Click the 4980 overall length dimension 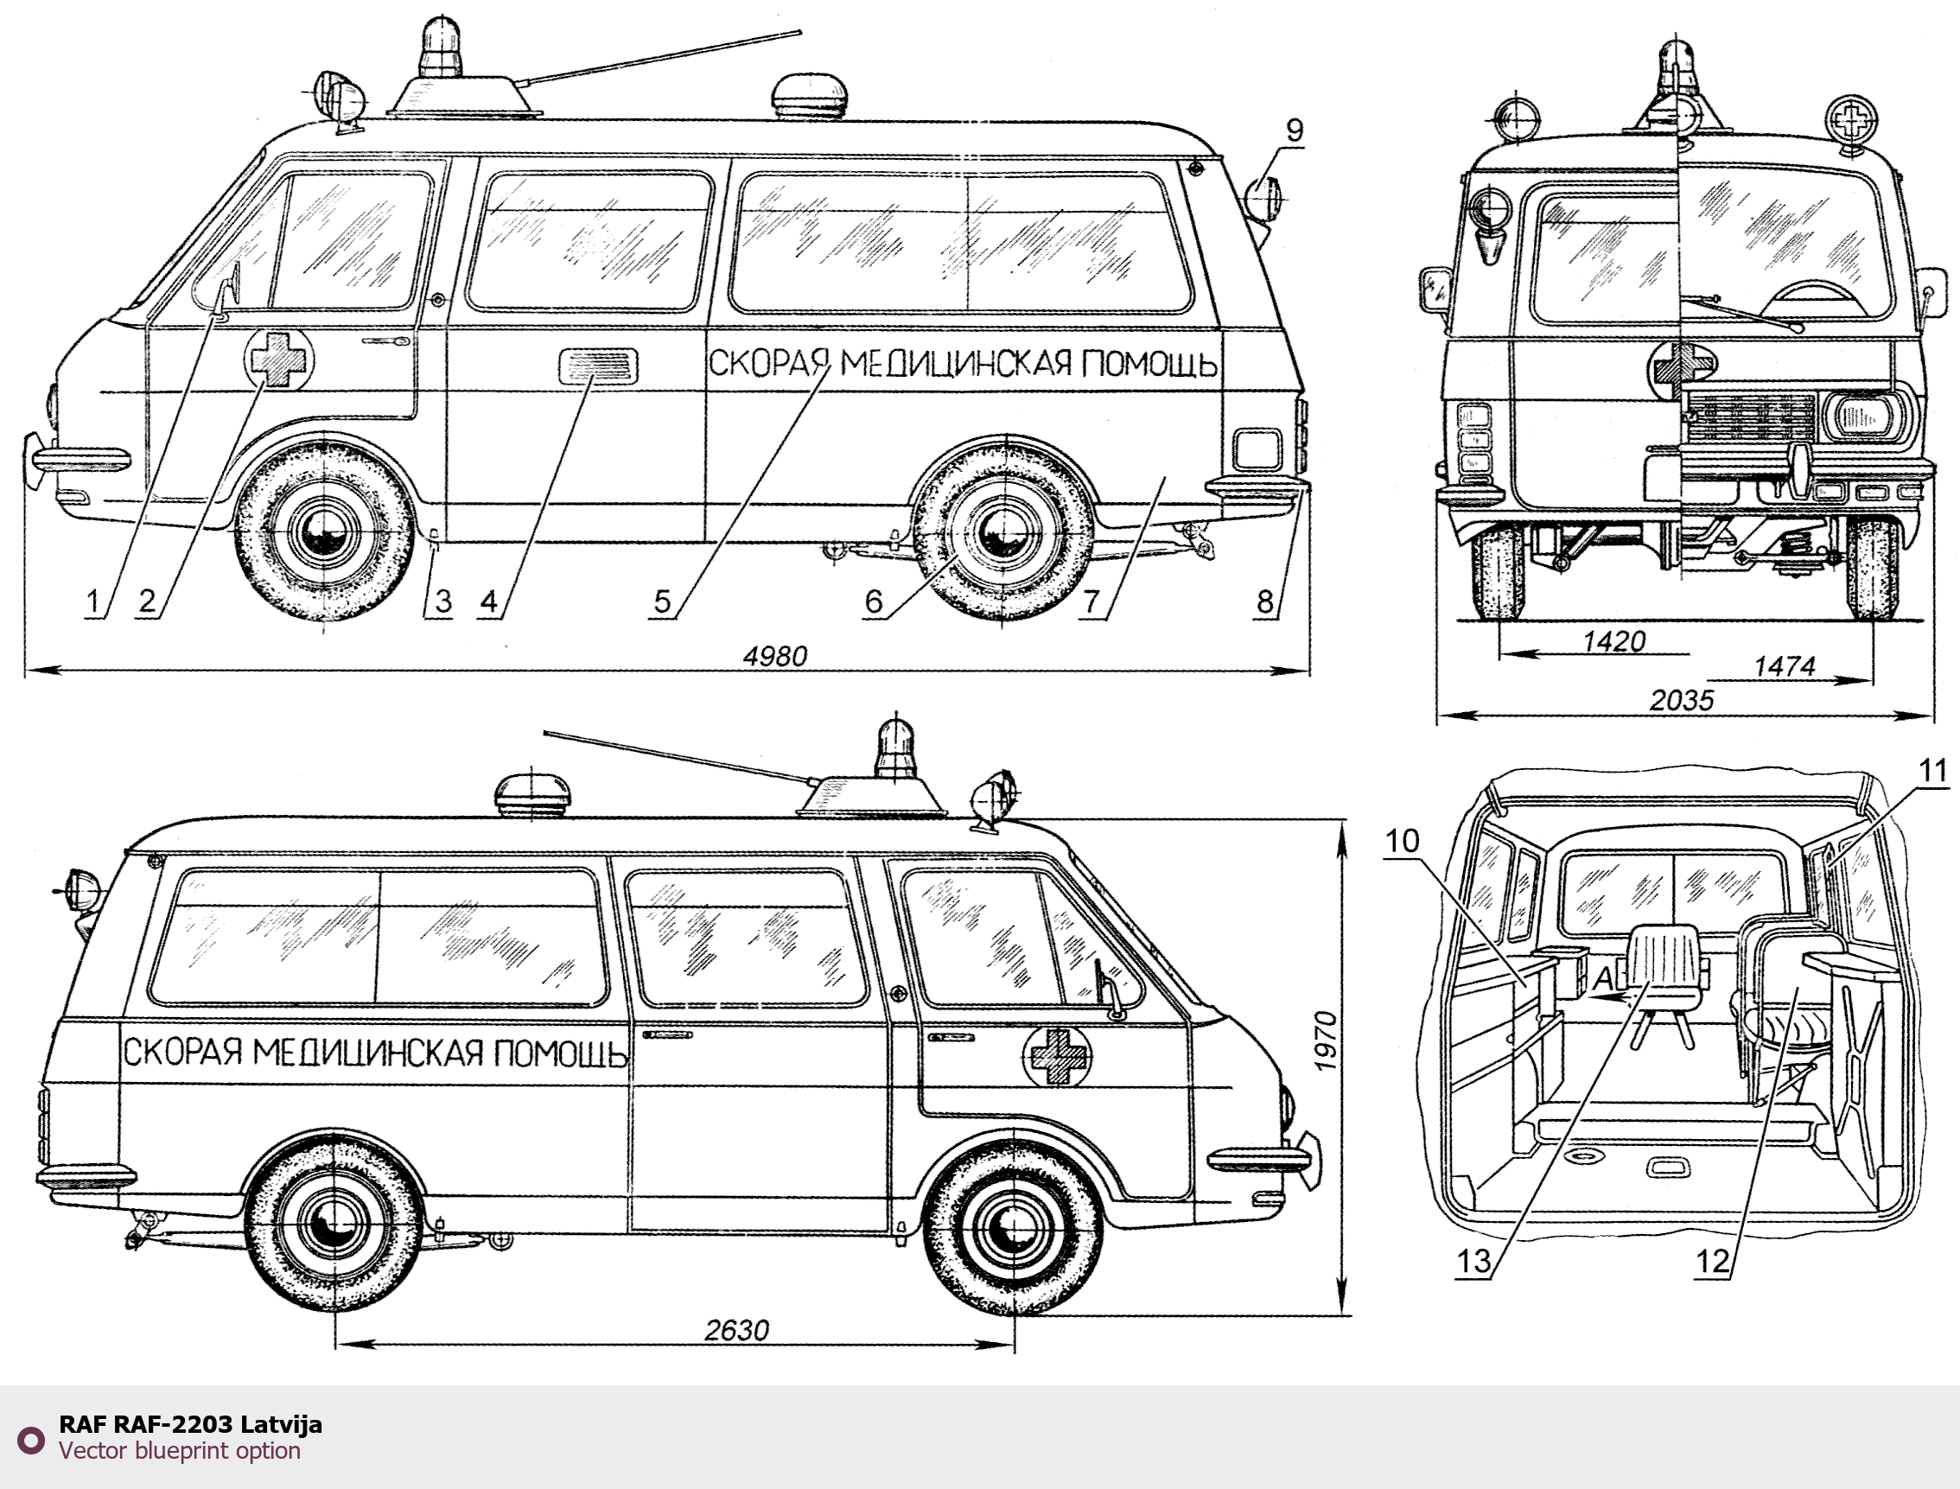pos(775,657)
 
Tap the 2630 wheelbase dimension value pos(737,1330)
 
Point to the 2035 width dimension pos(1682,701)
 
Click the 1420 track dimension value pos(1614,642)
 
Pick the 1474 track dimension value pos(1785,666)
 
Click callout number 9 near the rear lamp pos(1295,131)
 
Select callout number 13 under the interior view pos(1474,1262)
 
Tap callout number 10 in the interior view pos(1402,840)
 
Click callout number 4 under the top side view pos(489,601)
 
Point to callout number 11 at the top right pos(1932,771)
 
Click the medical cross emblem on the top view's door pos(279,358)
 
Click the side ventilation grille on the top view pos(598,366)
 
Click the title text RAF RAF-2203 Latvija pos(190,1424)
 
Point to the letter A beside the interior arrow pos(1603,979)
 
